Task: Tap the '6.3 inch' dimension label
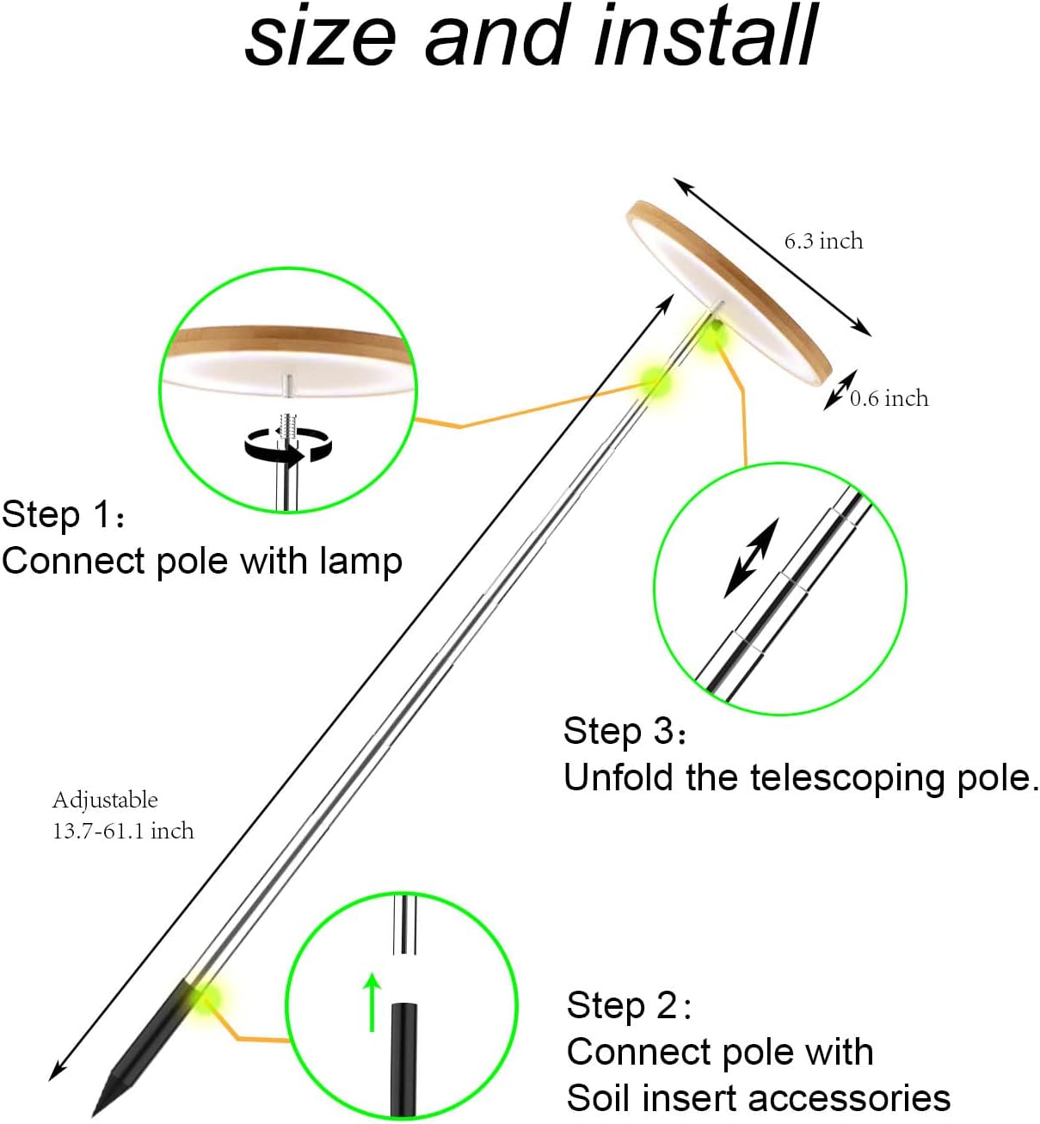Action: pyautogui.click(x=823, y=241)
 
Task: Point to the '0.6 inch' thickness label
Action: pyautogui.click(x=889, y=398)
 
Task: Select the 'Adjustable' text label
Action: pyautogui.click(x=105, y=800)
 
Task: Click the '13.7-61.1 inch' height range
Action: pyautogui.click(x=123, y=831)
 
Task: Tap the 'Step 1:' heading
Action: pyautogui.click(x=65, y=515)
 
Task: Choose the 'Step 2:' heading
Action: pyautogui.click(x=629, y=1005)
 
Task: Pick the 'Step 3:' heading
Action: pyautogui.click(x=625, y=731)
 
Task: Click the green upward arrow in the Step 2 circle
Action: pyautogui.click(x=372, y=1001)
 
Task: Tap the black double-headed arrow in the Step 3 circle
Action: pyautogui.click(x=751, y=557)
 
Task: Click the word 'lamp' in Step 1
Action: pyautogui.click(x=360, y=562)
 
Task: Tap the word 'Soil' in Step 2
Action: pyautogui.click(x=599, y=1098)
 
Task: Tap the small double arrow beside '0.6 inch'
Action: pyautogui.click(x=840, y=390)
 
